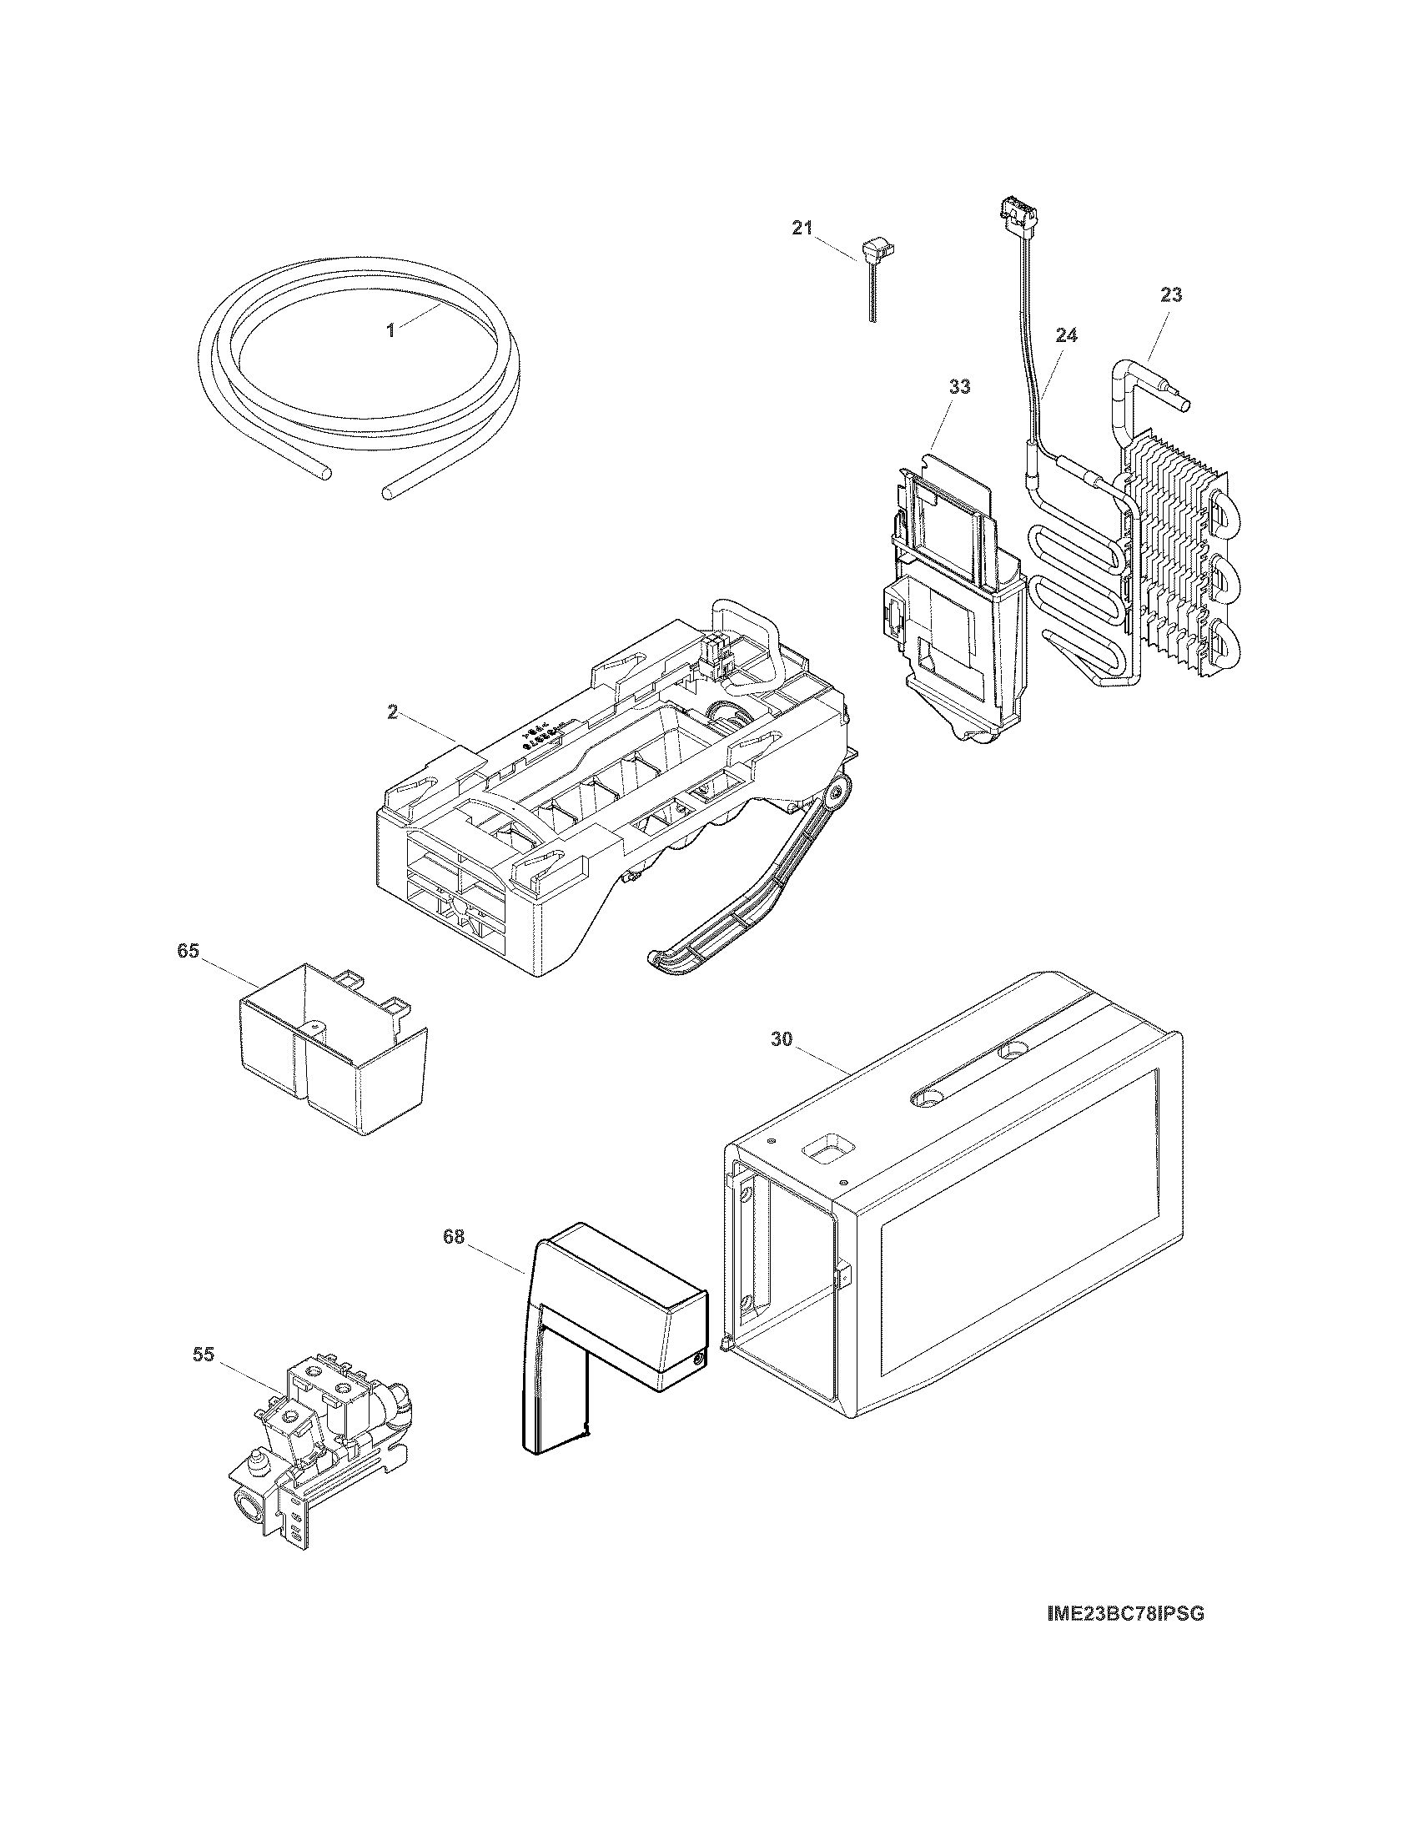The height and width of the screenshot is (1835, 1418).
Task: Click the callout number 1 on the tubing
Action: point(390,330)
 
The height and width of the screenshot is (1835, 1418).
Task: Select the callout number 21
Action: point(802,228)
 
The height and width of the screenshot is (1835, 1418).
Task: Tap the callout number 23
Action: point(1171,295)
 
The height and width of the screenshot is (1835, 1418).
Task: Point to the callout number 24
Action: point(1066,335)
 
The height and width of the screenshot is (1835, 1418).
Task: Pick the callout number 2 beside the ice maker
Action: point(392,711)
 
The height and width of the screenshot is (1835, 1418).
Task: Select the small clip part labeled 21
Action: point(872,252)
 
